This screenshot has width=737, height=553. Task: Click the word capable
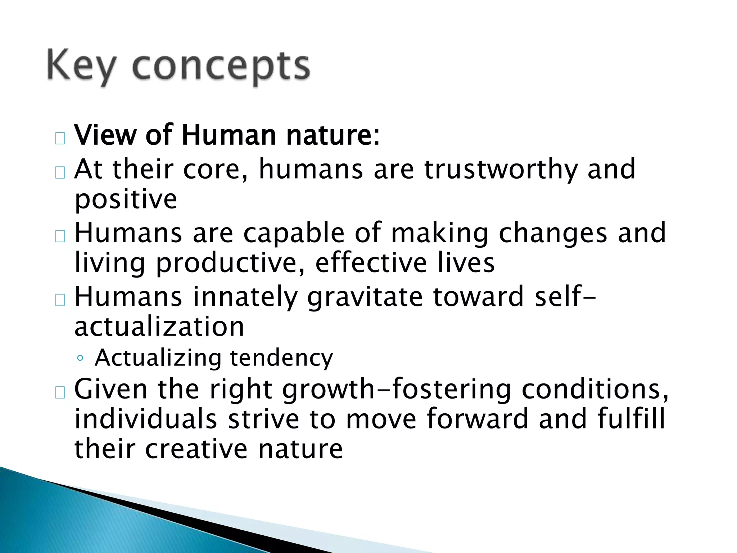[x=294, y=233]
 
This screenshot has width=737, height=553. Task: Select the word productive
[x=230, y=263]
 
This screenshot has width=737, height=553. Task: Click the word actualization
[x=159, y=327]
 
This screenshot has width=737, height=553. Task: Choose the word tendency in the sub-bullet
[x=281, y=358]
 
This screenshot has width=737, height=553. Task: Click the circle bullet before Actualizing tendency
[x=80, y=359]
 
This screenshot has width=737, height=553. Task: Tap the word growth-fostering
[x=396, y=390]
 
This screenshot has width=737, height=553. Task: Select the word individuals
[x=145, y=419]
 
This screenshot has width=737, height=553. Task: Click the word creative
[x=196, y=449]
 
